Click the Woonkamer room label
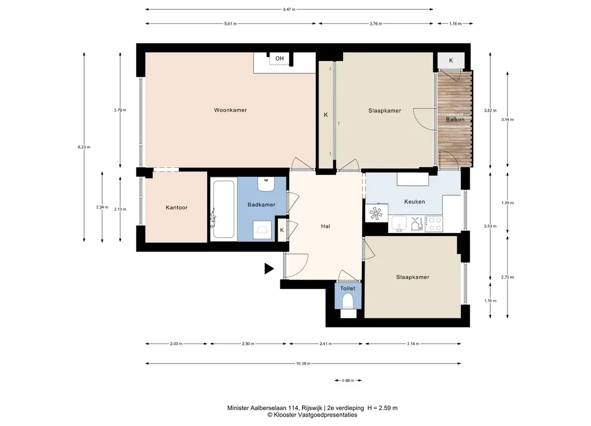230,110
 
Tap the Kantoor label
177,208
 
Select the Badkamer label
261,204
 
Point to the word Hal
325,226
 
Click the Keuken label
414,202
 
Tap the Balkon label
455,119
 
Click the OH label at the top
279,58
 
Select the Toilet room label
347,289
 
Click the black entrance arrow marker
269,269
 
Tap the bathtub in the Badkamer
223,209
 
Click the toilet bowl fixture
347,302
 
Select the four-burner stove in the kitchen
434,224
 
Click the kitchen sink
399,224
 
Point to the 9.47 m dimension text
289,9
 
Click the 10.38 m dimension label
303,364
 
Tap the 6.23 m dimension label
84,147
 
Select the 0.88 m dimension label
348,381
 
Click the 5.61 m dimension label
230,24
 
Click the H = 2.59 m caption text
382,408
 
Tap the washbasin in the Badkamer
266,184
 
